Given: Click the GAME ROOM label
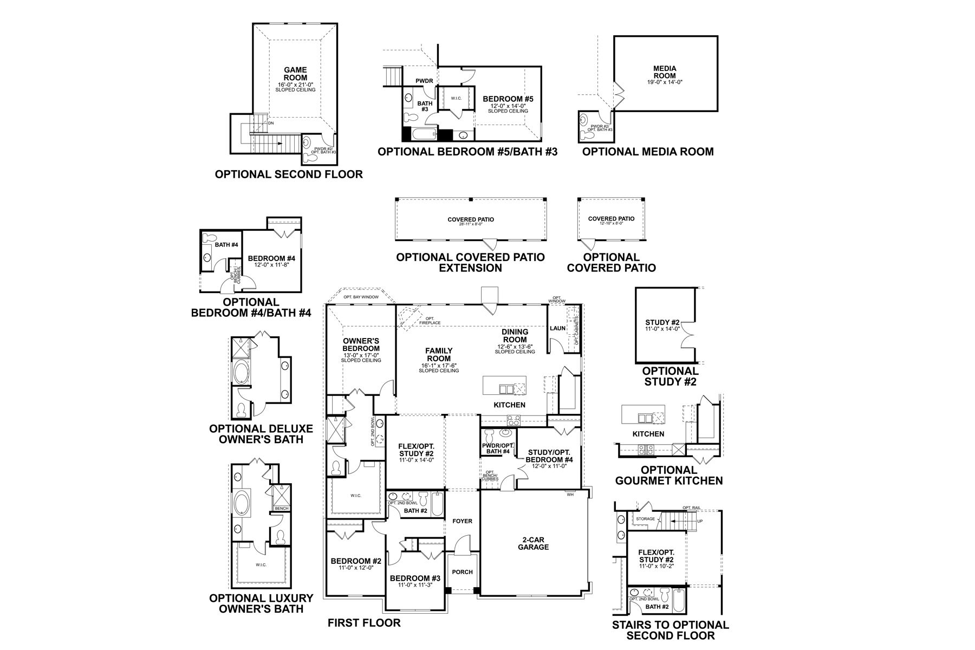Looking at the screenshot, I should (x=295, y=74).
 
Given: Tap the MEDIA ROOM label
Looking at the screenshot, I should (x=665, y=72).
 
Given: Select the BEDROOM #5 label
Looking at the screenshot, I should (x=508, y=99).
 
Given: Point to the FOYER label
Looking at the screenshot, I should (x=462, y=521).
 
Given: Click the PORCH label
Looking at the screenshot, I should (x=462, y=572).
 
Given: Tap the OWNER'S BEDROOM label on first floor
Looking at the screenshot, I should (x=361, y=344).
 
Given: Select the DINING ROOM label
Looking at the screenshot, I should (x=515, y=336).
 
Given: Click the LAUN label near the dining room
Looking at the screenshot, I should (x=557, y=328).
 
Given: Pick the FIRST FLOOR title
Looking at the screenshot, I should (x=364, y=623).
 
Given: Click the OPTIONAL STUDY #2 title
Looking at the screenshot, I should (x=670, y=376).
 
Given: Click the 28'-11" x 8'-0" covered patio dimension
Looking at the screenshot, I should (x=470, y=224).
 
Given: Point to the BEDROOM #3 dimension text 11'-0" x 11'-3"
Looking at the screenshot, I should (x=415, y=586).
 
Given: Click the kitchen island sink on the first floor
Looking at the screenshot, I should (x=506, y=388).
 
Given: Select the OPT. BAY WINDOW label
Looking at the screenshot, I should (x=361, y=297).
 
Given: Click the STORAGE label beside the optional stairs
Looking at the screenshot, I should (x=646, y=519).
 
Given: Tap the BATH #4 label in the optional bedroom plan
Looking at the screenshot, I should (x=226, y=245).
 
